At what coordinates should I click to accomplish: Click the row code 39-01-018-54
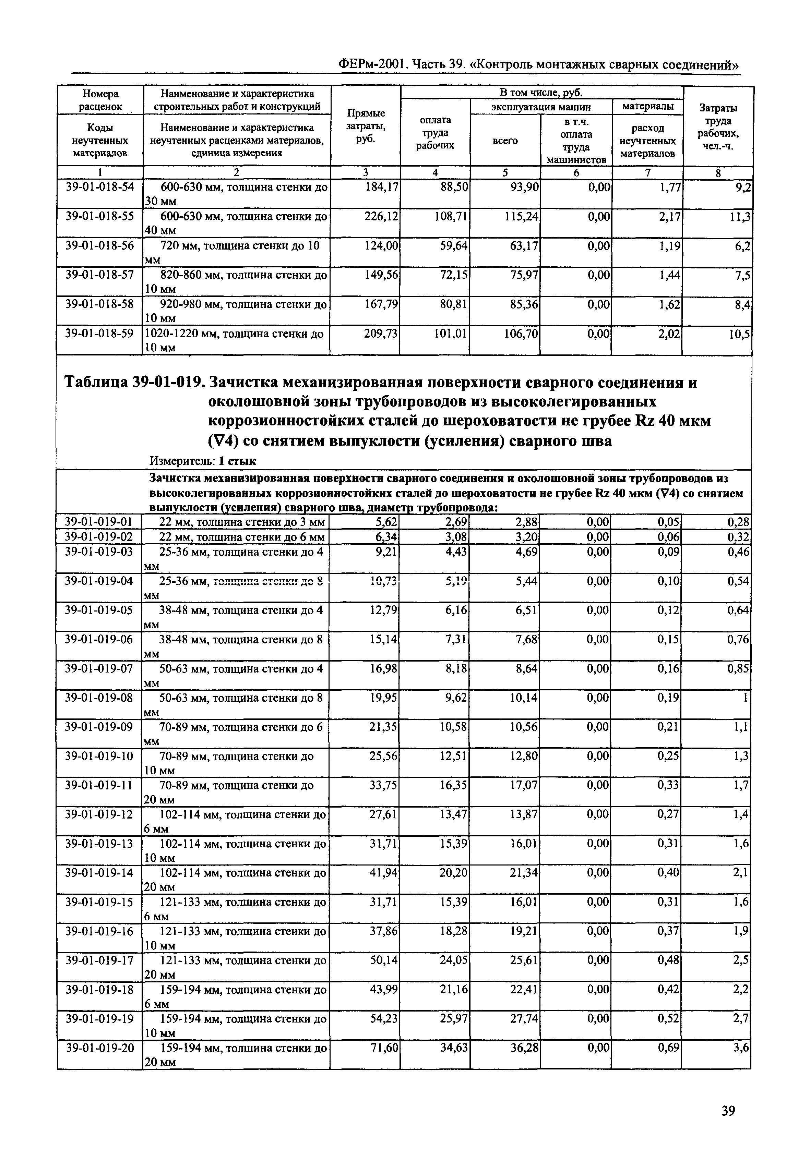(x=100, y=187)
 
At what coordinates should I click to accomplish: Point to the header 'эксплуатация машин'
(x=541, y=107)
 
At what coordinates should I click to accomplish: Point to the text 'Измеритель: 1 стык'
(x=202, y=461)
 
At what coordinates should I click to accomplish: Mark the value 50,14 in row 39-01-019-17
(x=385, y=960)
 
